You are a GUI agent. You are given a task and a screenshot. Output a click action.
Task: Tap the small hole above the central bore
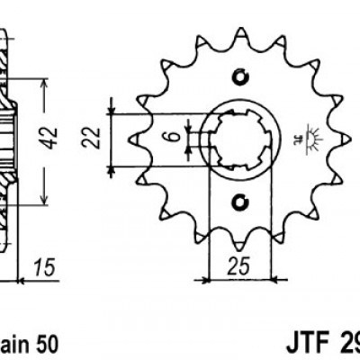coord(239,76)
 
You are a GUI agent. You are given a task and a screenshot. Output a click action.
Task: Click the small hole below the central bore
coord(239,200)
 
